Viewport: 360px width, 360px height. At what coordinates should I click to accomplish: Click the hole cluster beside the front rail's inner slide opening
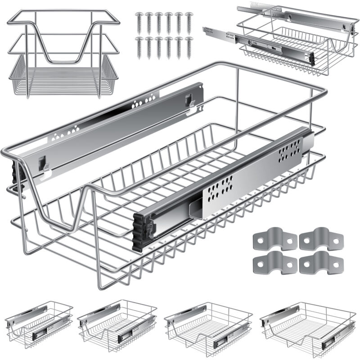click(x=218, y=186)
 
